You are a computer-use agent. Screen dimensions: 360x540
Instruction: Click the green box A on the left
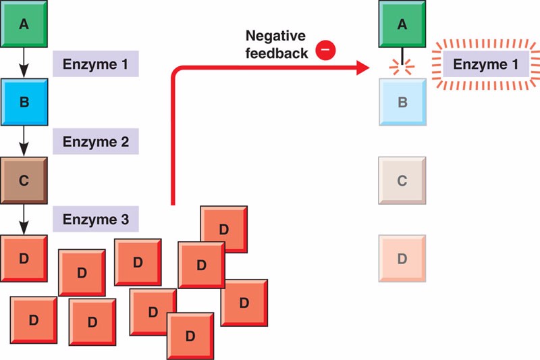[x=24, y=24]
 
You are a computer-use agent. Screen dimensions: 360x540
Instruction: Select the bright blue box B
[x=24, y=102]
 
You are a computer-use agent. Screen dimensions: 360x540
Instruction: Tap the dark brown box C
[x=24, y=180]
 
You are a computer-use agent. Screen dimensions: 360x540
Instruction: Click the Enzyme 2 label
[x=96, y=143]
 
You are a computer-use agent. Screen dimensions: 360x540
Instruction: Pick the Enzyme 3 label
[x=96, y=219]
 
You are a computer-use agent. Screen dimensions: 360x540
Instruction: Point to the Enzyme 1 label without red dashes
[x=96, y=66]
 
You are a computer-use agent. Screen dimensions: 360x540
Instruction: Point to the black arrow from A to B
[x=24, y=62]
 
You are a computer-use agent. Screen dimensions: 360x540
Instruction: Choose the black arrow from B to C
[x=24, y=140]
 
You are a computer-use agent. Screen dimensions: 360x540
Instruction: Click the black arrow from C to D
[x=24, y=217]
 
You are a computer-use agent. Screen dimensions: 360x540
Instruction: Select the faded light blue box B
[x=403, y=102]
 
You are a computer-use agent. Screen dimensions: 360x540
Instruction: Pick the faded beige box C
[x=403, y=180]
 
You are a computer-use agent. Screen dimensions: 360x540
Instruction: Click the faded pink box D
[x=403, y=257]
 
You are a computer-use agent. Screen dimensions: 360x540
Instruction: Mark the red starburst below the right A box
[x=403, y=66]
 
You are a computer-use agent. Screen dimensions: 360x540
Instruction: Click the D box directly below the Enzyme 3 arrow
[x=24, y=257]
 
